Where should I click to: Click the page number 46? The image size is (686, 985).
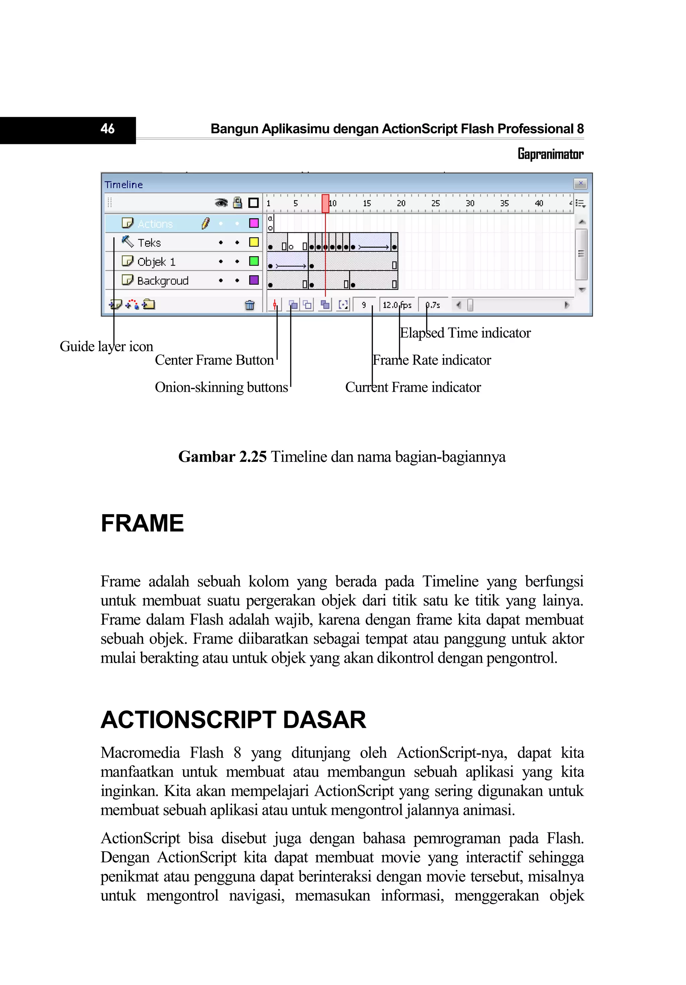point(107,129)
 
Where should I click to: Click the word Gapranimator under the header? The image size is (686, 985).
point(550,154)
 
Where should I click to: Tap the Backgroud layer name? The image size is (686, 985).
point(162,281)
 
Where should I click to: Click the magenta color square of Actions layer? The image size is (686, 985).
point(254,223)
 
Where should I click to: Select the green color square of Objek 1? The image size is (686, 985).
point(254,261)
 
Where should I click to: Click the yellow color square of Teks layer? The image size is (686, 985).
point(254,242)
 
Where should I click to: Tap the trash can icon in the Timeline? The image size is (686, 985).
point(249,305)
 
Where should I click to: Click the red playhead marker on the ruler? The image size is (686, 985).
point(326,203)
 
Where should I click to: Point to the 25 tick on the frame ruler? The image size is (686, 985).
point(435,203)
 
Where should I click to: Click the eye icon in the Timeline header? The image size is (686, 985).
point(221,203)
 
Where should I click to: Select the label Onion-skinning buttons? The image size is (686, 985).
point(221,387)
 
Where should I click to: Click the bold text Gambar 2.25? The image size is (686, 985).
point(222,456)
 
